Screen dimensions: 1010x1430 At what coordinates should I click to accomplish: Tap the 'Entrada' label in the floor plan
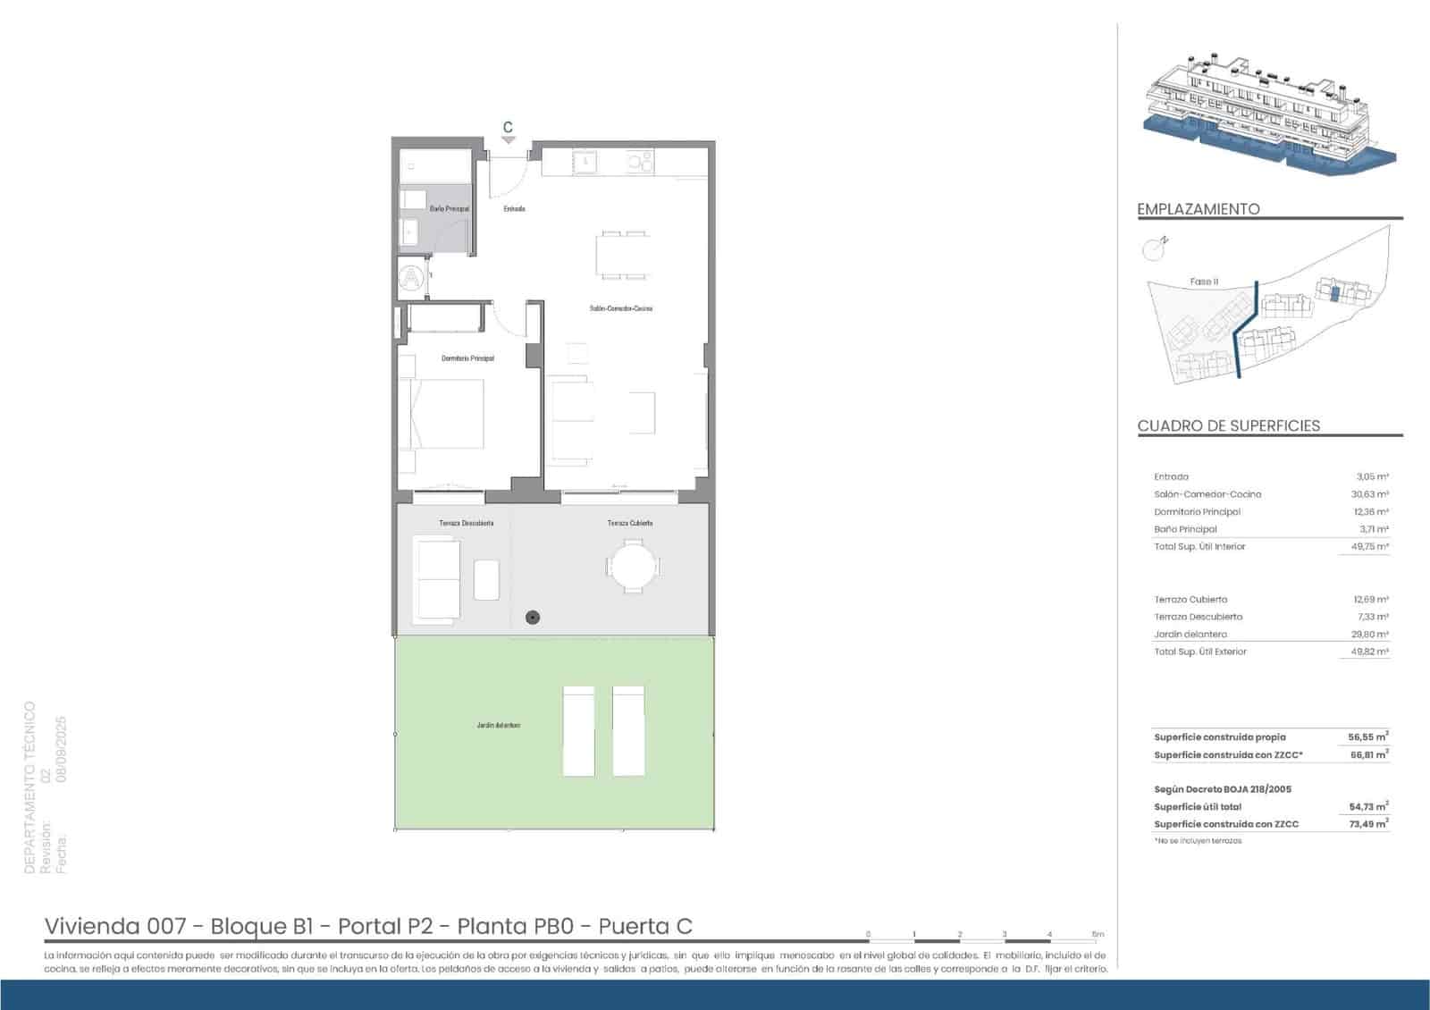pyautogui.click(x=514, y=208)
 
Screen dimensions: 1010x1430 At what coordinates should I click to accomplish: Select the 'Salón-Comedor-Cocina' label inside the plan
pyautogui.click(x=620, y=308)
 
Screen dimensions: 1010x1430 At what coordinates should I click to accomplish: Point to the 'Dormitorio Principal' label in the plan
pyautogui.click(x=467, y=358)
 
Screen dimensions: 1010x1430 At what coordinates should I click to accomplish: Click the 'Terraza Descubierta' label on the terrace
pyautogui.click(x=466, y=523)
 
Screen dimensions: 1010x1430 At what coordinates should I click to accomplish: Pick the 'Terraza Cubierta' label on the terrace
pyautogui.click(x=629, y=523)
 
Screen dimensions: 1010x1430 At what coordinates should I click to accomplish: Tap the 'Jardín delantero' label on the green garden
pyautogui.click(x=498, y=725)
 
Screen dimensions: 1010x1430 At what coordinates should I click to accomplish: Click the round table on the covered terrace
pyautogui.click(x=633, y=567)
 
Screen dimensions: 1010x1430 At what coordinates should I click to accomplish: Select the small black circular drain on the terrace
pyautogui.click(x=533, y=617)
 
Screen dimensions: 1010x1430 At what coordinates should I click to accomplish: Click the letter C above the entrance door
pyautogui.click(x=508, y=128)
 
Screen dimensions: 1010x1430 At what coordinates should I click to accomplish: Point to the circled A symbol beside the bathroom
pyautogui.click(x=411, y=279)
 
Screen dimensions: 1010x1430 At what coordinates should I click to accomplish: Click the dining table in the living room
pyautogui.click(x=623, y=255)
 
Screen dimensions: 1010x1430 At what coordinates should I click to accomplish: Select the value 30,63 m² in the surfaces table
pyautogui.click(x=1369, y=494)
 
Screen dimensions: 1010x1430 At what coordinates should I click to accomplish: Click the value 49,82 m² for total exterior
pyautogui.click(x=1369, y=652)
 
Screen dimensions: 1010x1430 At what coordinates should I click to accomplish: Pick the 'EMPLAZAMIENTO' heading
pyautogui.click(x=1198, y=209)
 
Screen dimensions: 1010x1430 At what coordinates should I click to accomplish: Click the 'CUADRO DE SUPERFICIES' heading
pyautogui.click(x=1228, y=425)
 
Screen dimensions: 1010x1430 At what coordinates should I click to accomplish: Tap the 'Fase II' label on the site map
pyautogui.click(x=1204, y=282)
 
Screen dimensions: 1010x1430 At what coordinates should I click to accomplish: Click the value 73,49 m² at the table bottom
pyautogui.click(x=1367, y=824)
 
